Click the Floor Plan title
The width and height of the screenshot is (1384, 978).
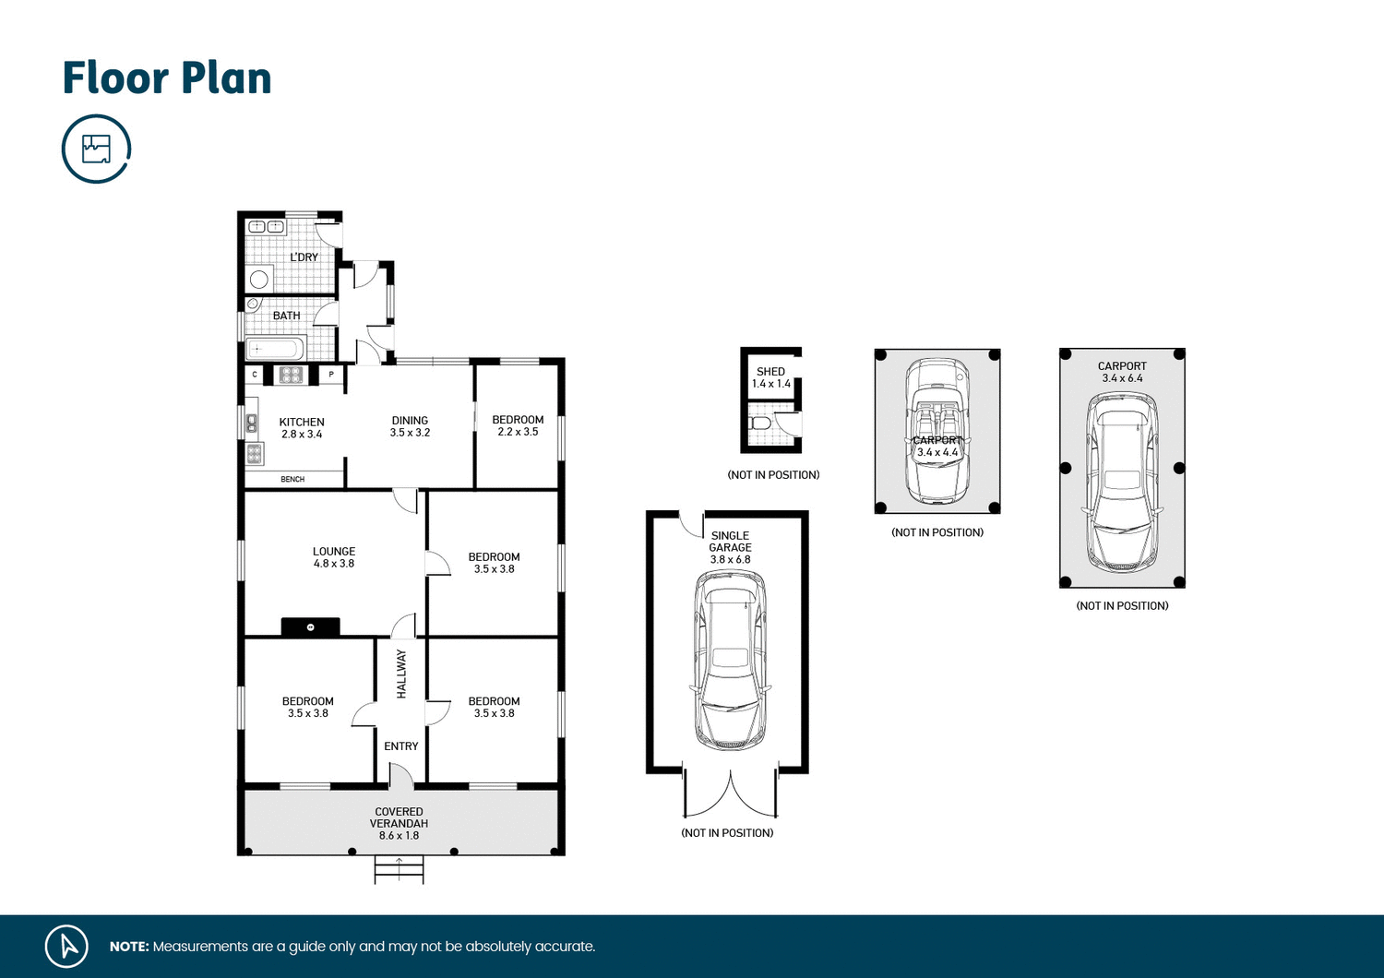(x=167, y=78)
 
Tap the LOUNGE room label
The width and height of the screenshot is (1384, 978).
(x=333, y=557)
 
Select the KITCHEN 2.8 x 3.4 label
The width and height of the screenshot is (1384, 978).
(x=302, y=428)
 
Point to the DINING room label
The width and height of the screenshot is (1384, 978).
(x=410, y=426)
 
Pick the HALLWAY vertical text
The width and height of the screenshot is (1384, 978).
(x=401, y=674)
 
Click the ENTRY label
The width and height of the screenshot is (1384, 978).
(x=401, y=746)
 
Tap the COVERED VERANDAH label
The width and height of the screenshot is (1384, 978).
(x=399, y=823)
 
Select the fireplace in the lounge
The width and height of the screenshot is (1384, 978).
(x=310, y=627)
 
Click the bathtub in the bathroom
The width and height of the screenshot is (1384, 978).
(x=274, y=349)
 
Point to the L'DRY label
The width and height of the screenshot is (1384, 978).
(x=304, y=257)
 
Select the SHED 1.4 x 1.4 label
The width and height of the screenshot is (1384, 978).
(x=770, y=377)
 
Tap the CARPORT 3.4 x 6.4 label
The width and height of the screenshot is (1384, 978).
(x=1122, y=372)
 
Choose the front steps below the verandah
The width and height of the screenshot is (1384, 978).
(x=399, y=869)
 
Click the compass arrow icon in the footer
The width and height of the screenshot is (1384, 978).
(x=66, y=946)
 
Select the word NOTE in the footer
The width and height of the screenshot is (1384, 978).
(x=129, y=947)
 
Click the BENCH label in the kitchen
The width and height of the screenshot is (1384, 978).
(x=292, y=480)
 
